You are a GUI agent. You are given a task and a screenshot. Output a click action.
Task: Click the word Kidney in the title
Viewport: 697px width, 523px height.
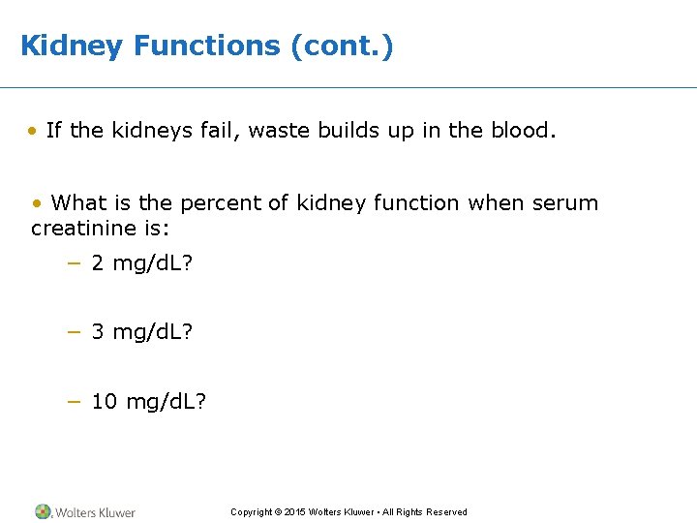click(x=72, y=46)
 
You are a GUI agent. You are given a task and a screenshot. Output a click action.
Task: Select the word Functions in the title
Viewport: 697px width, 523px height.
click(x=207, y=46)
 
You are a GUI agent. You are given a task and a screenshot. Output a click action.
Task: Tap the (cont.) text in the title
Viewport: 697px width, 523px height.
click(x=343, y=46)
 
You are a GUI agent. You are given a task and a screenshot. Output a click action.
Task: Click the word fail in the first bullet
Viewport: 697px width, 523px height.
click(x=224, y=131)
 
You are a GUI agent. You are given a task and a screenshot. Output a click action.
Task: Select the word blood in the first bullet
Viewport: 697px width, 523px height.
click(x=522, y=131)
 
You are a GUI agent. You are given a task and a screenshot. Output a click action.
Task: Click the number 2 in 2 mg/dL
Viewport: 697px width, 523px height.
click(x=98, y=263)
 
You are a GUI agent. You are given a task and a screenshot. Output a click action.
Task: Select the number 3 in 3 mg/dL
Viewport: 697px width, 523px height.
click(x=98, y=332)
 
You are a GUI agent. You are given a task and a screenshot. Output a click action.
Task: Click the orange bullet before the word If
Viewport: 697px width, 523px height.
click(x=34, y=131)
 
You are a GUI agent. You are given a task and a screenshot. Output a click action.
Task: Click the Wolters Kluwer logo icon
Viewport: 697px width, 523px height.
click(x=43, y=511)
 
